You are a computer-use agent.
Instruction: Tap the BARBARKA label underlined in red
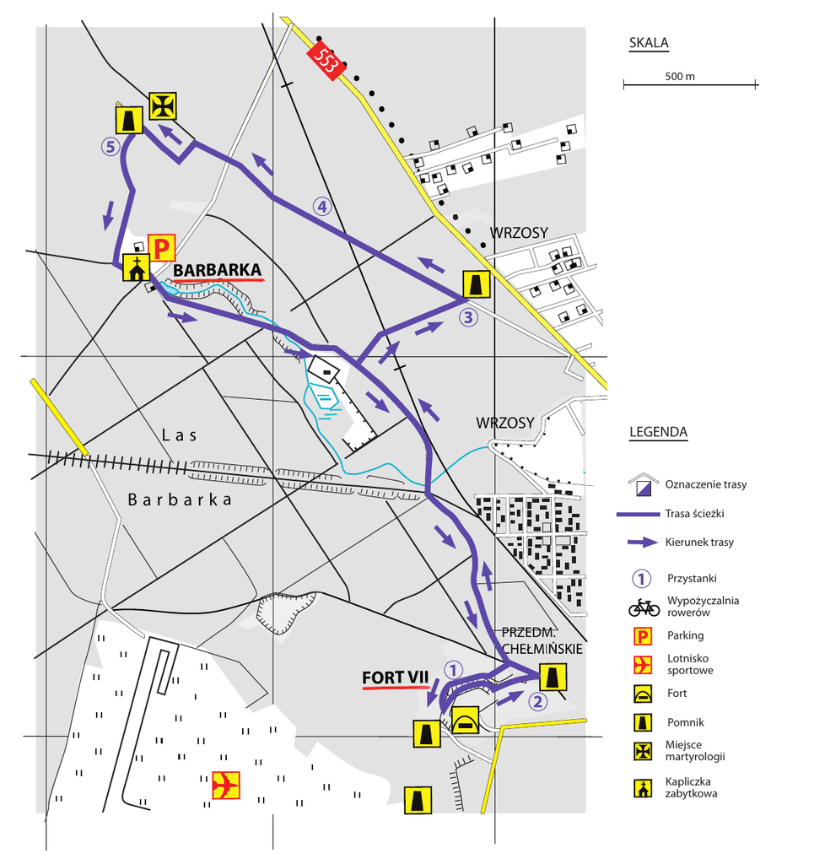[218, 268]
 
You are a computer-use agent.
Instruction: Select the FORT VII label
[396, 677]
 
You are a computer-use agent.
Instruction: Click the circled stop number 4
[321, 205]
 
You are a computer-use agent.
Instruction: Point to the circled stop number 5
[111, 146]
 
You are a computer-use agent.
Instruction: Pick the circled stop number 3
[468, 317]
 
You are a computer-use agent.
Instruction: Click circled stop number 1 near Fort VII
[453, 669]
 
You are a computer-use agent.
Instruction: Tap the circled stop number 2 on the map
[538, 699]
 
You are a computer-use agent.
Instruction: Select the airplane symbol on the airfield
[226, 785]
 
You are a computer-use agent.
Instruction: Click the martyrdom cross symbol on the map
[162, 105]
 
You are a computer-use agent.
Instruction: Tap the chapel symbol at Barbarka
[135, 267]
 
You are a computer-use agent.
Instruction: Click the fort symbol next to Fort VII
[466, 721]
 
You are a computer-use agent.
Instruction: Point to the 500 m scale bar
[690, 84]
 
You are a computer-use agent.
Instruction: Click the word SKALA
[649, 44]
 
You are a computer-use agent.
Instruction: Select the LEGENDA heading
[658, 433]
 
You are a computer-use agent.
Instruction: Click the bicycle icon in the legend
[644, 607]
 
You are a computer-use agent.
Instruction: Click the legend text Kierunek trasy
[699, 543]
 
